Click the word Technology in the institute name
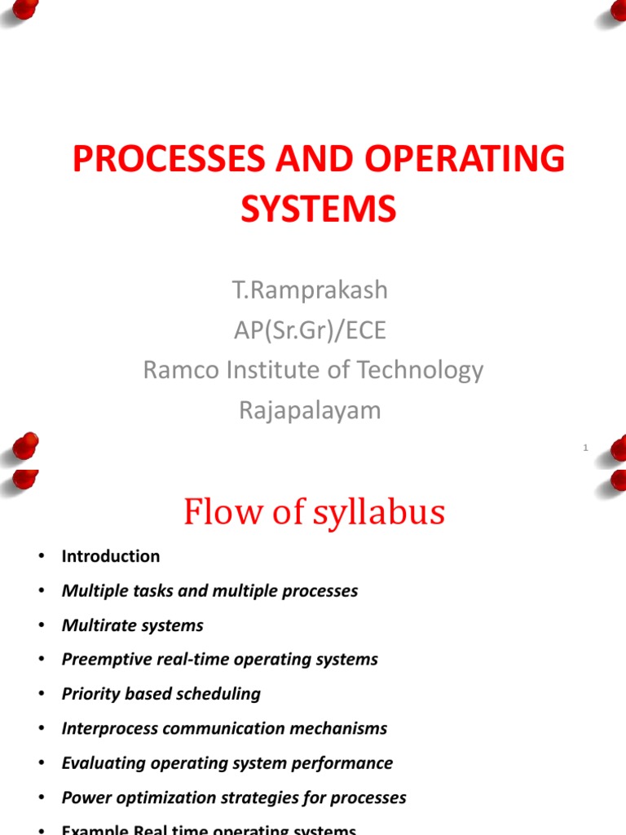point(415,370)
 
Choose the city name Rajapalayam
point(310,410)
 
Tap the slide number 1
point(586,448)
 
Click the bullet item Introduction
point(111,556)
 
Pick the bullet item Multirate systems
point(133,625)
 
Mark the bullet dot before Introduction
point(38,556)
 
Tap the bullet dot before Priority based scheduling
point(38,694)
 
